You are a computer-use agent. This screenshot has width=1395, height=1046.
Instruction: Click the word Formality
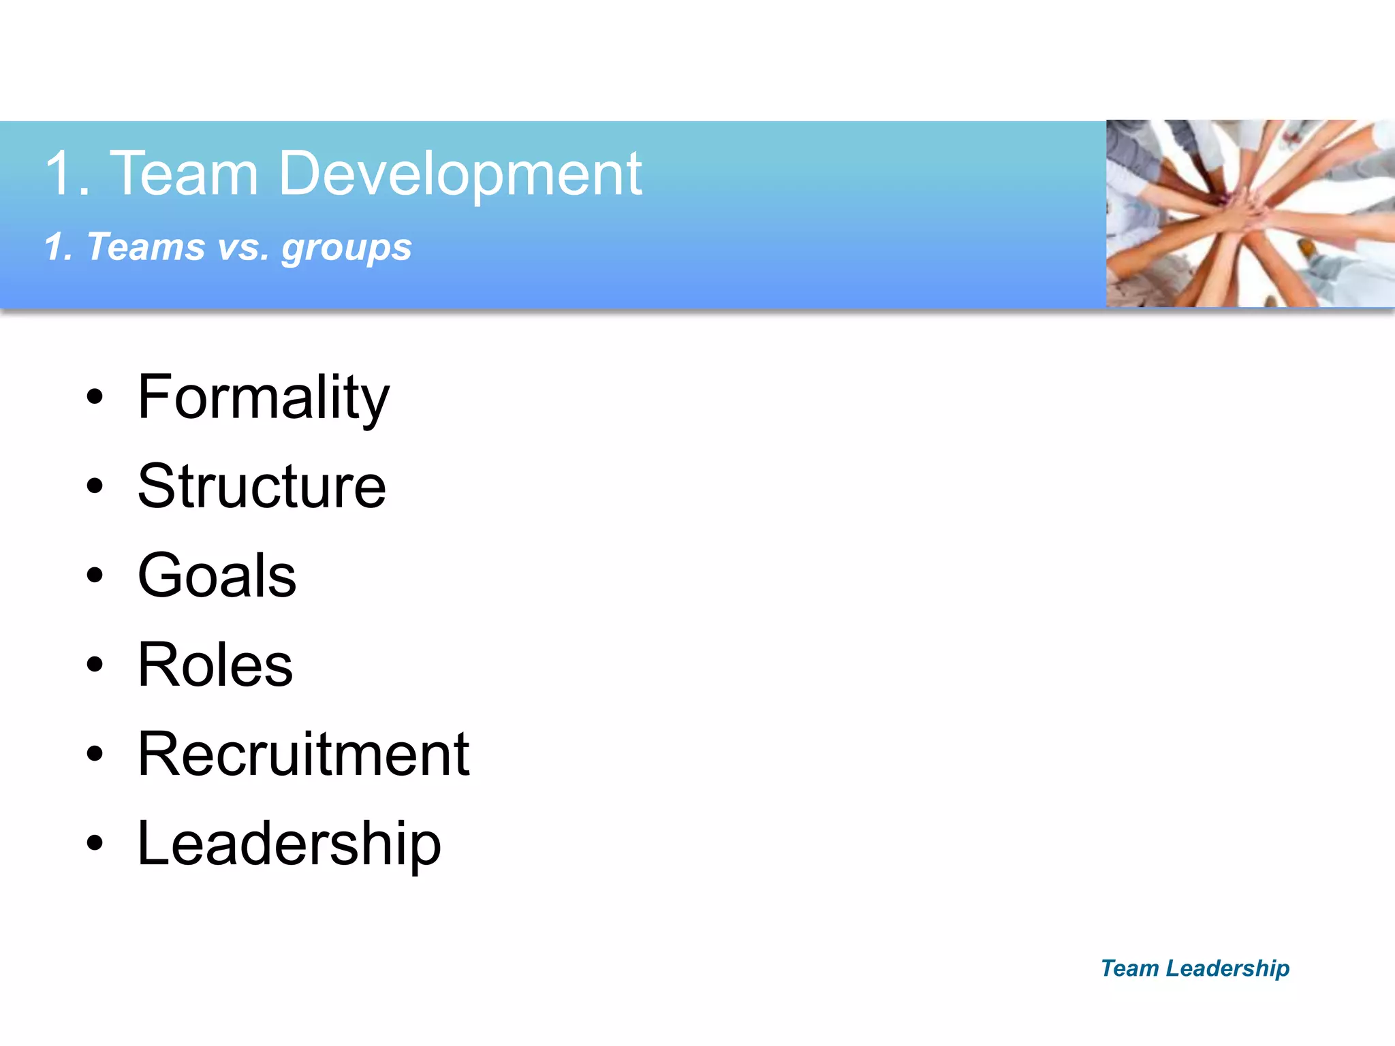point(263,398)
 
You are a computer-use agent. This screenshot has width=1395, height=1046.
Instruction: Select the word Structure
point(262,486)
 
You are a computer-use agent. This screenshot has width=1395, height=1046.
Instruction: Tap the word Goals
point(217,576)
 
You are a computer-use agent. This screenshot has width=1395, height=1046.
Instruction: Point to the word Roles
point(215,665)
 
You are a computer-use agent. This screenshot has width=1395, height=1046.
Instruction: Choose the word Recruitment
point(303,755)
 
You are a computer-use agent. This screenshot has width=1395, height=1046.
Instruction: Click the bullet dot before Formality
point(95,397)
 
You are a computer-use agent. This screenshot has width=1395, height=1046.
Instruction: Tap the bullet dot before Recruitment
point(95,754)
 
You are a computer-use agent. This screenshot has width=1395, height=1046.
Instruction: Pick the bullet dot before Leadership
point(95,843)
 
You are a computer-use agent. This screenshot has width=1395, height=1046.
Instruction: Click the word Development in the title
point(460,174)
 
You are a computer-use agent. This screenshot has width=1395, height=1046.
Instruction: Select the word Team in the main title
point(184,174)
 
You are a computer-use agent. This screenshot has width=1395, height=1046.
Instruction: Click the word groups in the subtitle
point(347,248)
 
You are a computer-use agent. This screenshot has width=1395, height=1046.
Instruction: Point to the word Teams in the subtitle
point(146,247)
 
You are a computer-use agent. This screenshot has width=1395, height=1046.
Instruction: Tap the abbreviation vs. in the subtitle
point(243,247)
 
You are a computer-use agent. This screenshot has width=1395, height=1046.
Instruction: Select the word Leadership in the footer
point(1227,968)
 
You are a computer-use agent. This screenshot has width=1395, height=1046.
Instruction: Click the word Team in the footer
point(1129,968)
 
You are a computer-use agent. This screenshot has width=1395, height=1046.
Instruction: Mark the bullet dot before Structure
point(95,486)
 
